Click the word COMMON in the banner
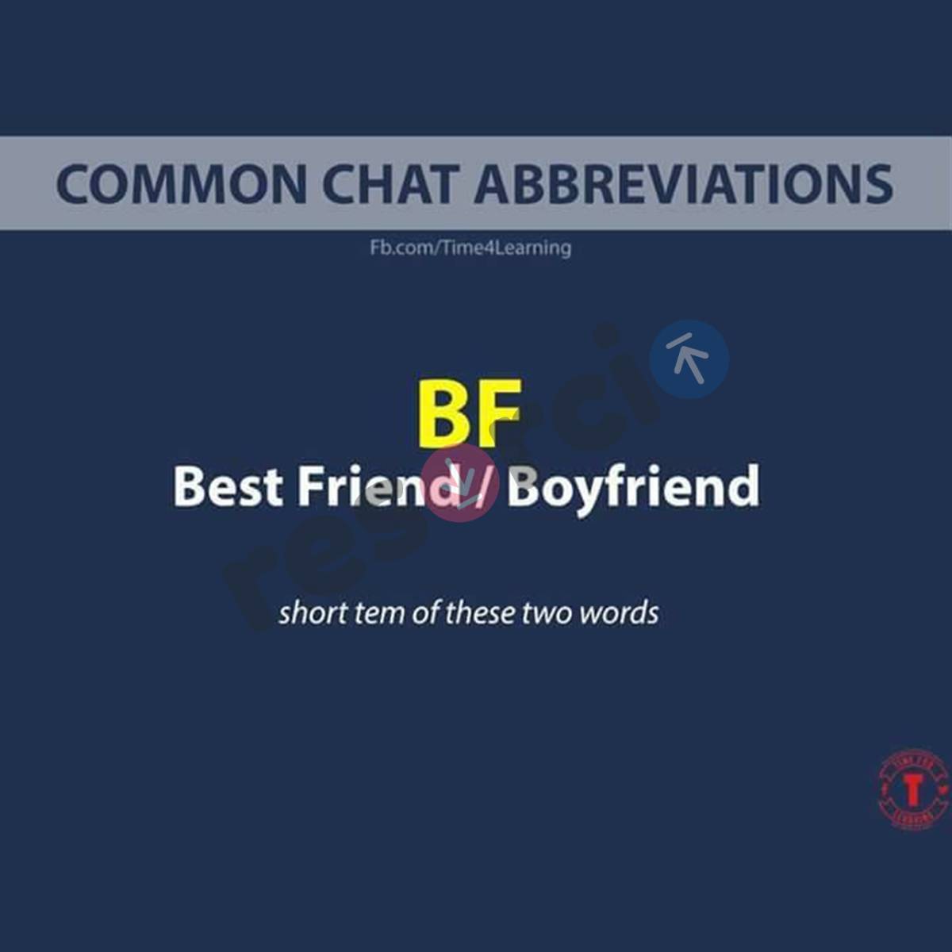click(x=181, y=183)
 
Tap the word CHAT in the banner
click(x=390, y=183)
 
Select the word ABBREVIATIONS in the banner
click(x=684, y=183)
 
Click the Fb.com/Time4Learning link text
click(x=470, y=248)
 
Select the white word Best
click(x=228, y=486)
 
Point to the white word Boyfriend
click(x=633, y=488)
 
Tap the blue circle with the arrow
click(x=689, y=359)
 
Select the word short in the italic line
click(x=312, y=613)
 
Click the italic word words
click(x=620, y=613)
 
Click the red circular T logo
click(x=914, y=790)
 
